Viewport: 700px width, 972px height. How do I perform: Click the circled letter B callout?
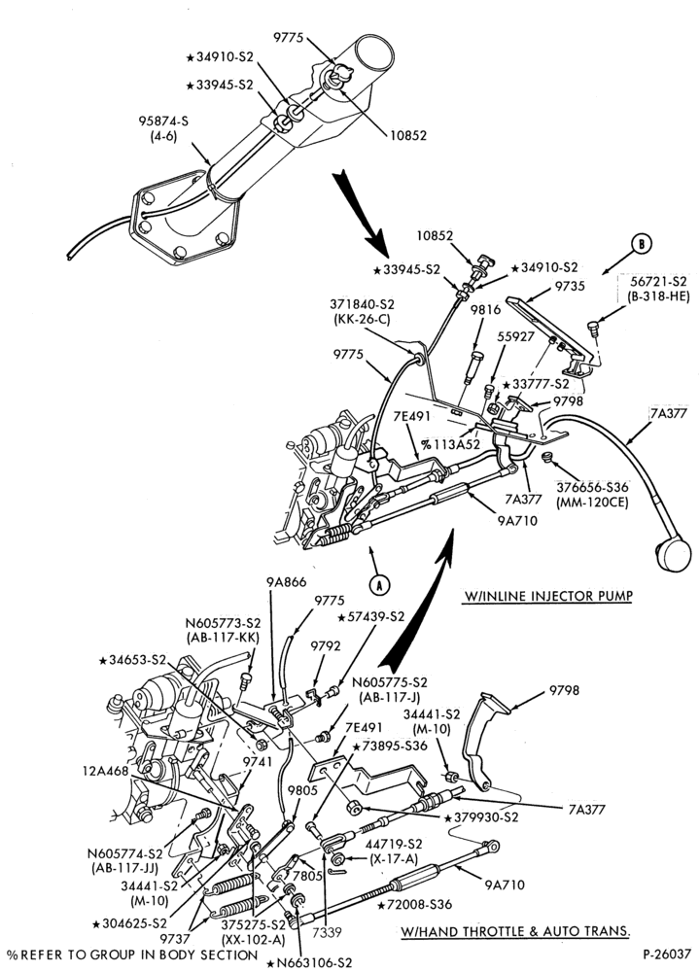click(642, 244)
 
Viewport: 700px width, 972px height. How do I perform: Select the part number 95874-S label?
click(163, 122)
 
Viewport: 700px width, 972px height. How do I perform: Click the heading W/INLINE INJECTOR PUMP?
click(547, 597)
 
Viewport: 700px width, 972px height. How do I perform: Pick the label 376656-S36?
click(592, 487)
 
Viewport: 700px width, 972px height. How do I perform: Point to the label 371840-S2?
click(364, 304)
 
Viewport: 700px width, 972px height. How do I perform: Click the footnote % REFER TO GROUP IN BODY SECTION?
click(131, 955)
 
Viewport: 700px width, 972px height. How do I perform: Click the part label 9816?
click(485, 310)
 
